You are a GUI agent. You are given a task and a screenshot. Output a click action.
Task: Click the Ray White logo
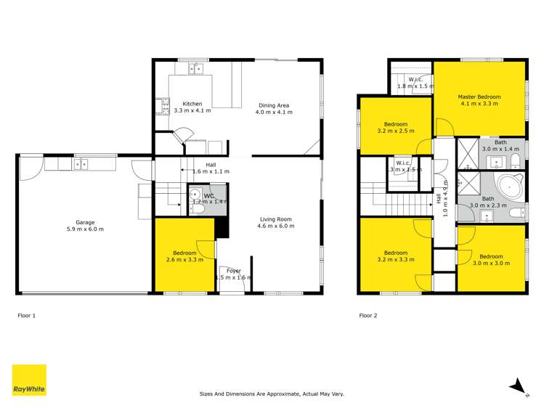click(29, 380)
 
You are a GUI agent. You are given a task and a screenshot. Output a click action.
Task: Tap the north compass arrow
click(518, 385)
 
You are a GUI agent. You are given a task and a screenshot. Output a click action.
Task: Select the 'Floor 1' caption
click(27, 316)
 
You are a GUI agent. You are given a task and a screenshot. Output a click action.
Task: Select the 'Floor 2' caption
click(368, 316)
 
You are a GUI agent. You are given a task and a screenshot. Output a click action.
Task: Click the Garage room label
click(86, 223)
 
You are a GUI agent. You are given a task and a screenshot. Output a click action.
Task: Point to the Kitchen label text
click(192, 104)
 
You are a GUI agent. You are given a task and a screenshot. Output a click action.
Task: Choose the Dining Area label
click(275, 106)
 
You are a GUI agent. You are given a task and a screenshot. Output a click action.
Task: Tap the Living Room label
click(275, 219)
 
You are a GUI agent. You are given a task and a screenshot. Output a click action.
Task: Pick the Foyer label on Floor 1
click(233, 271)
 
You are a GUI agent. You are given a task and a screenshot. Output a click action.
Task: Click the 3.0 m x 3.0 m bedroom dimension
click(491, 264)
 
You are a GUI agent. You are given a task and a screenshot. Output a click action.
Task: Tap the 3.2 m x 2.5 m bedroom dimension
click(396, 131)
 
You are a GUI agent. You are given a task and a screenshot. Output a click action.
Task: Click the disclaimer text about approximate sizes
click(272, 394)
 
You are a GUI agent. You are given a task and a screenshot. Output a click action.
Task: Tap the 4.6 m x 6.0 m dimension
click(275, 226)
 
